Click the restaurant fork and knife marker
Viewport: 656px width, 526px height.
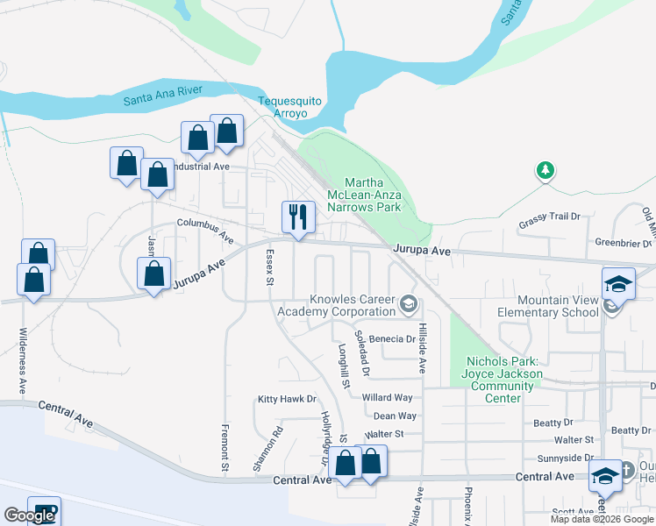click(298, 216)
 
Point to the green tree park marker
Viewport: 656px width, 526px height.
click(545, 170)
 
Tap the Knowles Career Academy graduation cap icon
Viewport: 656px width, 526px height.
click(407, 304)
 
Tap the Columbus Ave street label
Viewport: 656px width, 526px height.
click(204, 231)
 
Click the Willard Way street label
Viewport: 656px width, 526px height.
click(387, 397)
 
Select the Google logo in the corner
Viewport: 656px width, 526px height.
click(29, 515)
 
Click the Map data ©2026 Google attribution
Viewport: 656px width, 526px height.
click(602, 519)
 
